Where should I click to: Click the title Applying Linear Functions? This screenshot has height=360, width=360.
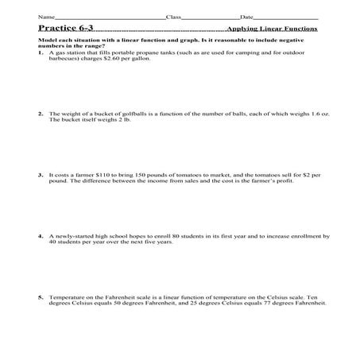tap(272, 29)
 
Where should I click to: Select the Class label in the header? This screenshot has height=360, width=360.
tap(172, 16)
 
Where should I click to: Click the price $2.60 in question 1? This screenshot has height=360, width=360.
tap(122, 59)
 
